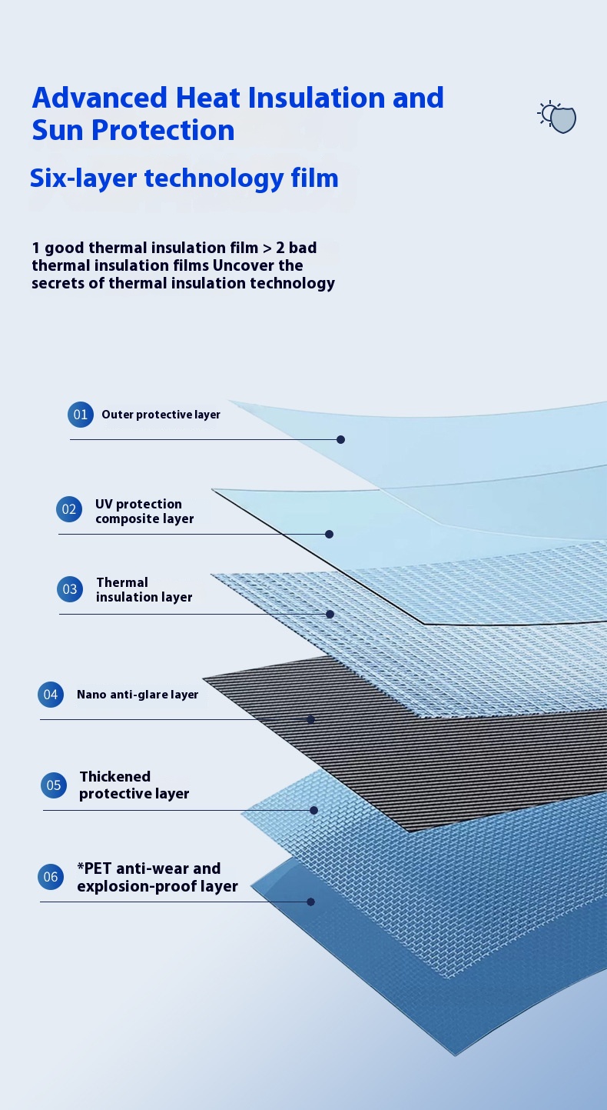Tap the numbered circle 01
[x=81, y=415]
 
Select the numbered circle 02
[x=69, y=509]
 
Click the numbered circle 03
[x=70, y=588]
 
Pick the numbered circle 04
[x=51, y=695]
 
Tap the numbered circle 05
[x=54, y=785]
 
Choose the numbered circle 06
[x=51, y=877]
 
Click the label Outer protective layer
[x=161, y=415]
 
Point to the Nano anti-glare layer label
[x=138, y=695]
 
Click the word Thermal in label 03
[x=122, y=582]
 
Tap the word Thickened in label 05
[x=114, y=776]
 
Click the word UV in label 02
[x=104, y=504]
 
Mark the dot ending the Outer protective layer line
[x=340, y=439]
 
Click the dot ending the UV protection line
[x=330, y=534]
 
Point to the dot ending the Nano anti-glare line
[x=311, y=719]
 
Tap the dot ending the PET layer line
[x=311, y=902]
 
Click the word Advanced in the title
[x=100, y=97]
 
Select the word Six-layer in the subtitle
[x=83, y=178]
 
